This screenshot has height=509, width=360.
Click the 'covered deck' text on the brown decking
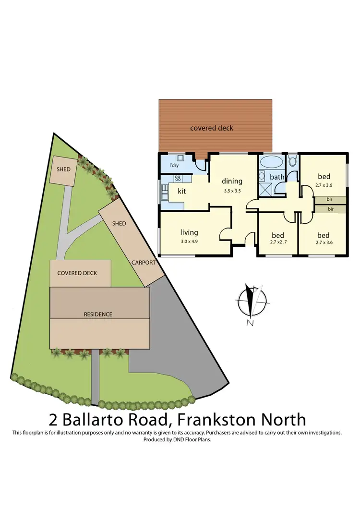click(212, 128)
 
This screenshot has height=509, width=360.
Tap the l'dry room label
click(175, 166)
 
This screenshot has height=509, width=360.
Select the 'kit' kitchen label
click(182, 191)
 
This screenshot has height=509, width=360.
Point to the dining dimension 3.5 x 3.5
click(232, 190)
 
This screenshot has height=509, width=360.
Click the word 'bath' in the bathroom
click(276, 177)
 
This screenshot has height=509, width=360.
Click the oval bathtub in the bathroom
click(271, 162)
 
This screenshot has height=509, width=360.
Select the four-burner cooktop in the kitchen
click(177, 178)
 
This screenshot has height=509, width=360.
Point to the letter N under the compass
click(250, 323)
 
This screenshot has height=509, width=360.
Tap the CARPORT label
click(144, 263)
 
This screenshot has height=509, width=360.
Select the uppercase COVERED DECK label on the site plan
click(77, 273)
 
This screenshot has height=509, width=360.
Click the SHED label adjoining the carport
click(119, 223)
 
